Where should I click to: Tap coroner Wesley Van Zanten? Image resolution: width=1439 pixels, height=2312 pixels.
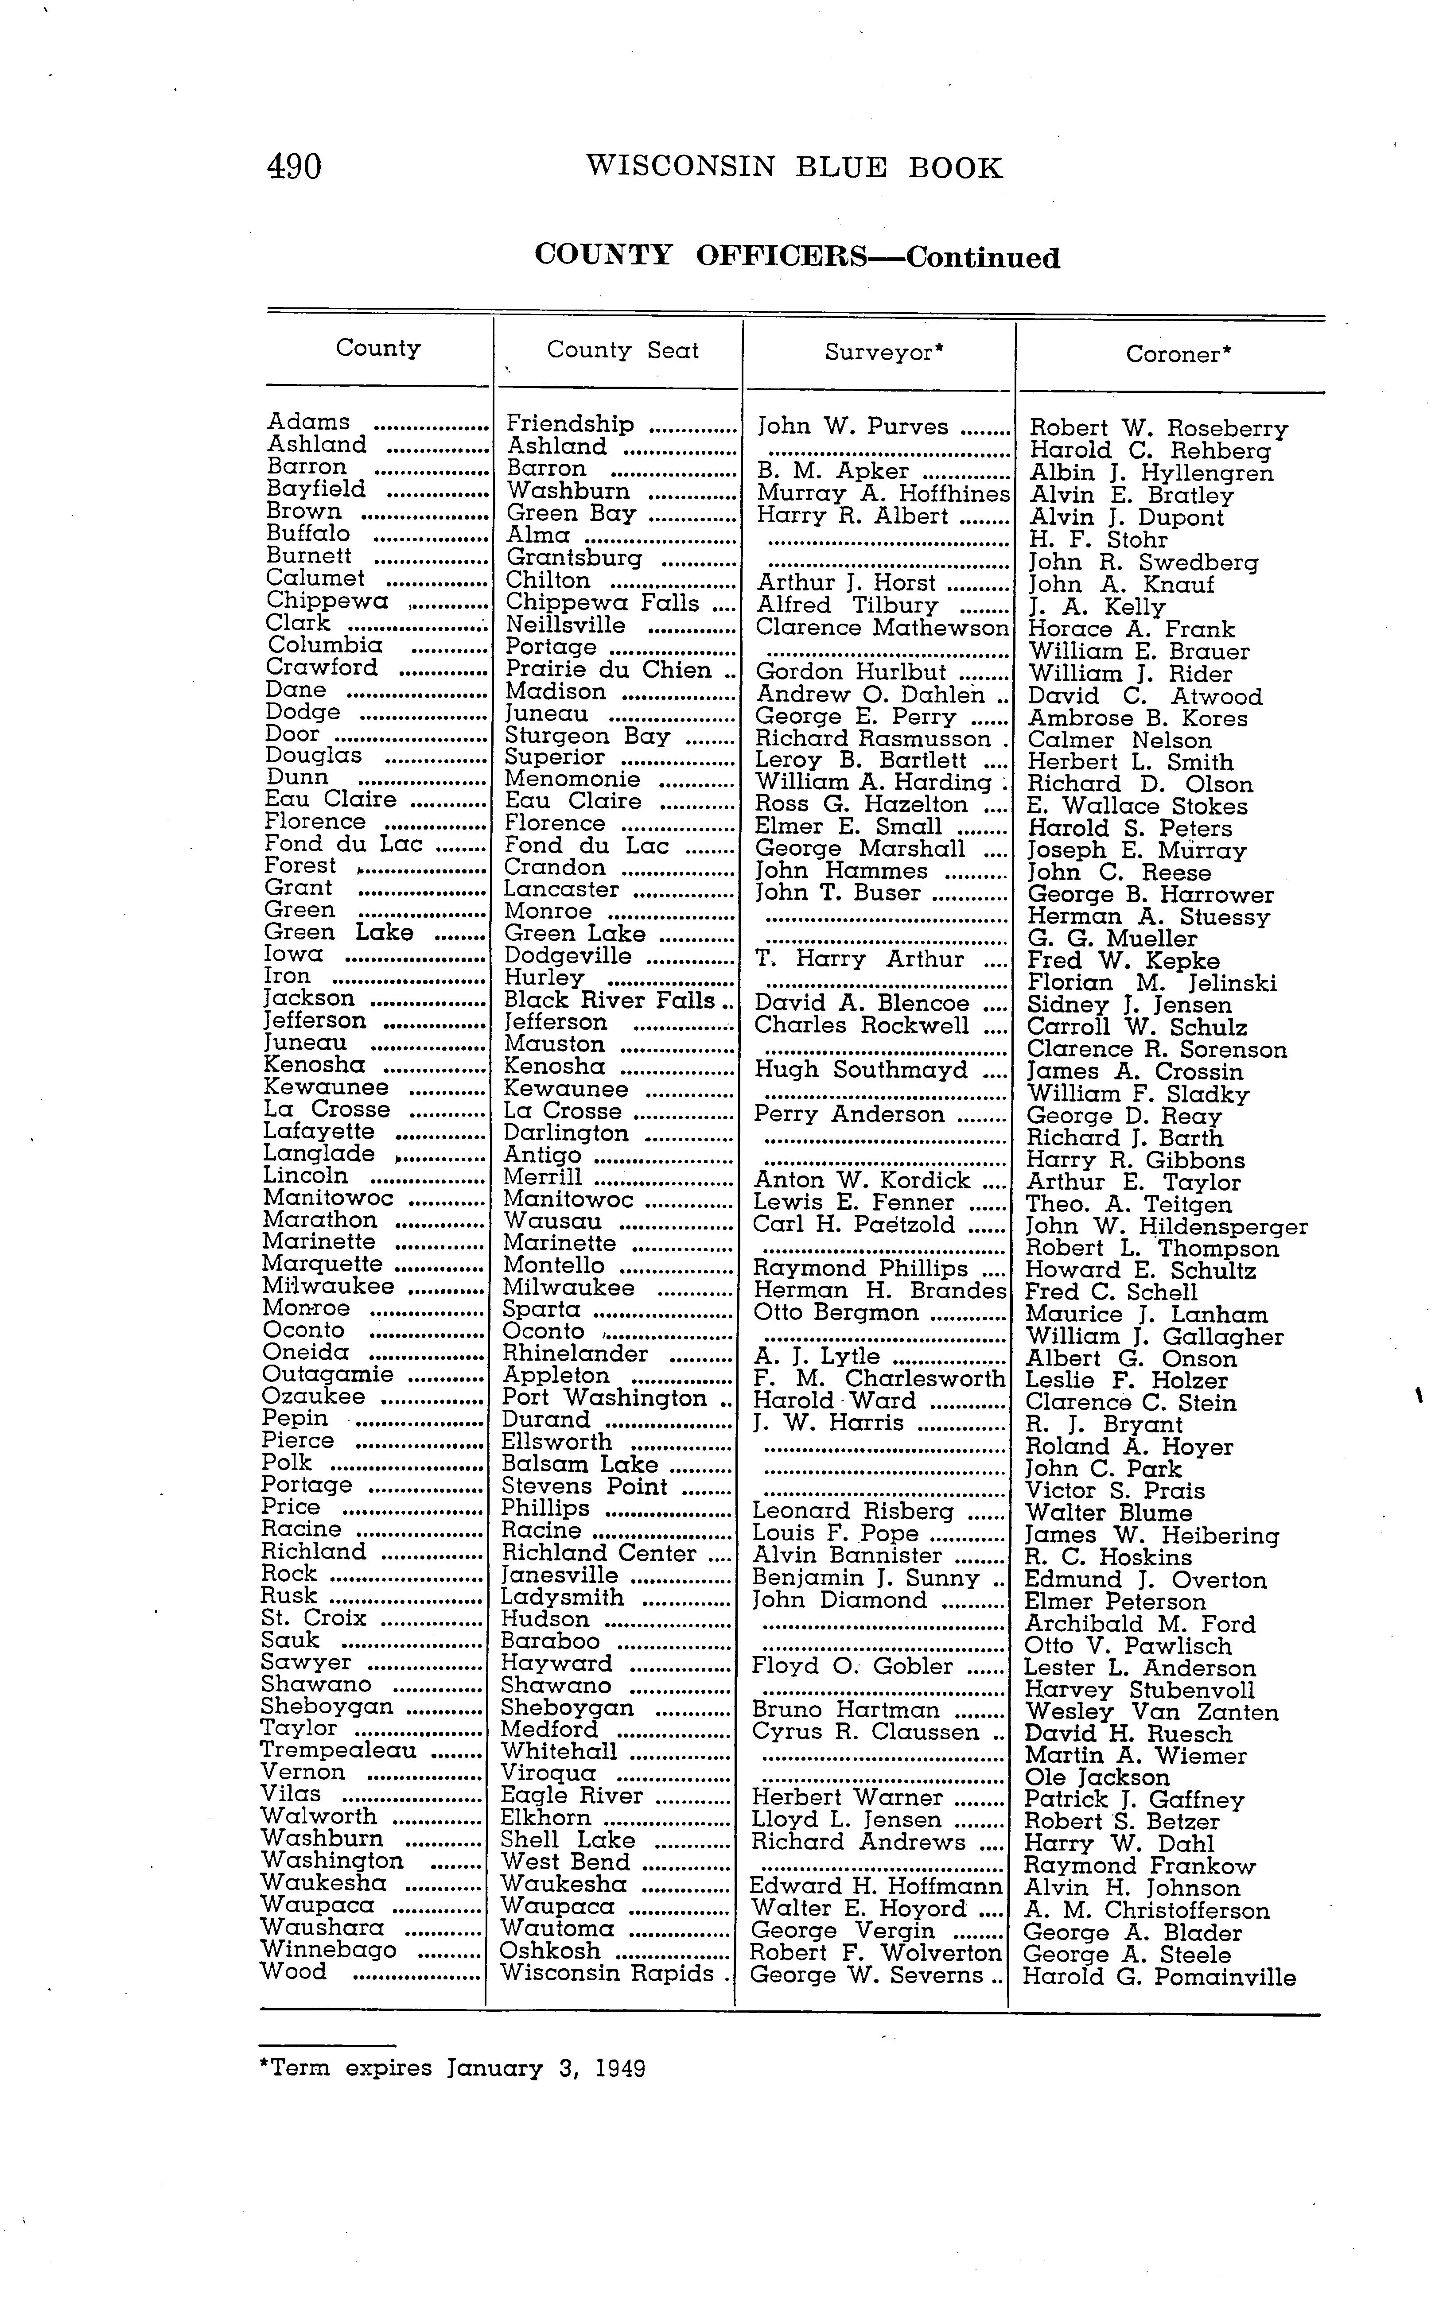click(x=1151, y=1713)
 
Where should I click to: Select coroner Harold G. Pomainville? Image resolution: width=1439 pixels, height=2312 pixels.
click(x=1158, y=1978)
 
